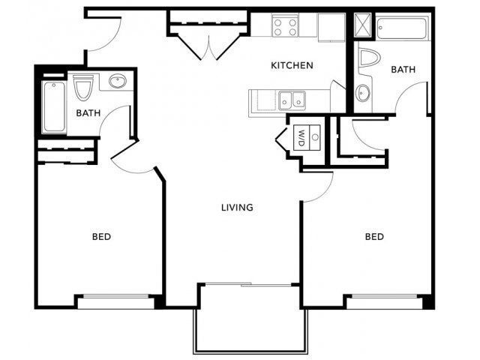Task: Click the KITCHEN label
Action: point(292,66)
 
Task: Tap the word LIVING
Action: point(236,208)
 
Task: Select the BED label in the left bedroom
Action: point(101,237)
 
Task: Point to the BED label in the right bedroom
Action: point(374,237)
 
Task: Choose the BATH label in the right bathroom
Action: point(403,70)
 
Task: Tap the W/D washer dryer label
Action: point(301,137)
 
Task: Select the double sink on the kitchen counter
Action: point(292,99)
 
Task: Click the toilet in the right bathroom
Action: point(369,60)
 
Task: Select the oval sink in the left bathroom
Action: point(118,81)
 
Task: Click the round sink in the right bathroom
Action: point(363,94)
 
